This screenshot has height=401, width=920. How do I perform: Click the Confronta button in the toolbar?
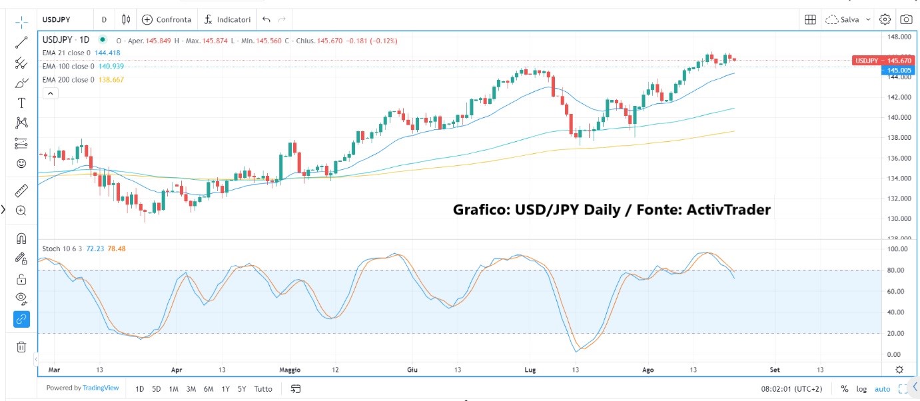[x=167, y=19]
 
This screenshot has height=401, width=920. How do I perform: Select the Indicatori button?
[x=228, y=19]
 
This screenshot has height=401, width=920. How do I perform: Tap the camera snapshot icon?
[x=906, y=19]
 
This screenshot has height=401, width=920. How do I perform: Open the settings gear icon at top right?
[x=885, y=19]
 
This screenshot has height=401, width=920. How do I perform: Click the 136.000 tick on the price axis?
[x=899, y=158]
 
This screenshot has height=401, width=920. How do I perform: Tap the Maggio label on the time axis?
[x=290, y=370]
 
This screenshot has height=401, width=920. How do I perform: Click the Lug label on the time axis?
[x=530, y=370]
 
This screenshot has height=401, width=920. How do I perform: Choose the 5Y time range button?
[x=242, y=389]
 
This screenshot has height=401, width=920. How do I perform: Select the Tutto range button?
[x=263, y=389]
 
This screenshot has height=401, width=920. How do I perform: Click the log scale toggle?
[x=862, y=389]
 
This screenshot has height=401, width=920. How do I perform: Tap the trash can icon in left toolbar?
[x=21, y=346]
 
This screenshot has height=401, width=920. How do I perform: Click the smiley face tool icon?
[x=21, y=163]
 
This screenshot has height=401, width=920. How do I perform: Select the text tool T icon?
[x=21, y=103]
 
